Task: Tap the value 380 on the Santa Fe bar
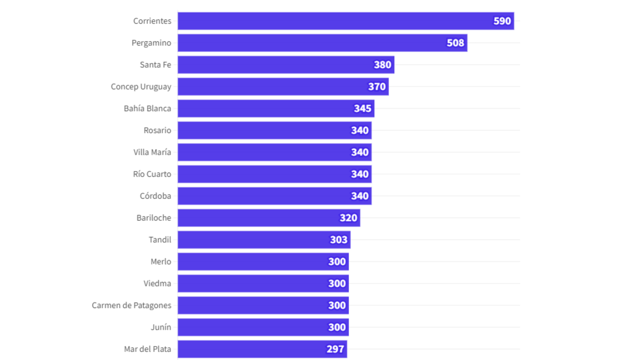pyautogui.click(x=382, y=65)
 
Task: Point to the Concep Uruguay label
pyautogui.click(x=141, y=86)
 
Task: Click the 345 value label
pyautogui.click(x=363, y=109)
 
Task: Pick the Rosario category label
pyautogui.click(x=157, y=131)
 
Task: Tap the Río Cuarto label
pyautogui.click(x=152, y=174)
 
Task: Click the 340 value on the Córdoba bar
pyautogui.click(x=359, y=196)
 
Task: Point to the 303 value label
pyautogui.click(x=339, y=240)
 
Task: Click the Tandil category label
pyautogui.click(x=160, y=240)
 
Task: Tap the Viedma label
pyautogui.click(x=157, y=284)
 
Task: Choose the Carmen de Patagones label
pyautogui.click(x=131, y=306)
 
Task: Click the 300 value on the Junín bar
pyautogui.click(x=337, y=327)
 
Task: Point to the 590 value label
pyautogui.click(x=502, y=21)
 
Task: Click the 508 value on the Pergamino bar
pyautogui.click(x=455, y=43)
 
